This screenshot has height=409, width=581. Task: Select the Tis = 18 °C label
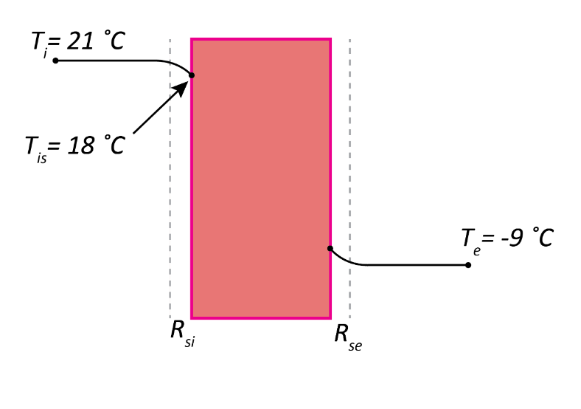click(74, 146)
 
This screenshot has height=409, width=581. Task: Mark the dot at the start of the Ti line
click(55, 60)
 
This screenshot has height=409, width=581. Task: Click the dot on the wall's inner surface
click(192, 75)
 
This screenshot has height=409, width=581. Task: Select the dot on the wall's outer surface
click(330, 248)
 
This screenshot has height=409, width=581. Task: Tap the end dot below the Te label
click(468, 264)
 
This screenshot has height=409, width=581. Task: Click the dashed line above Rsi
click(170, 185)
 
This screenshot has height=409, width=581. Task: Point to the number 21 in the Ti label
click(80, 41)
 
